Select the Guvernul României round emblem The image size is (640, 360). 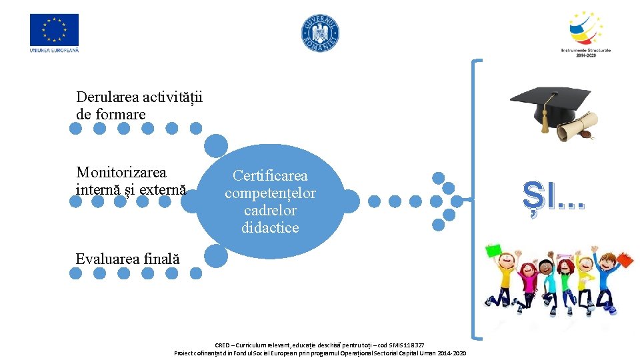[321, 33]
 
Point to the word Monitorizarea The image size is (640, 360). [121, 173]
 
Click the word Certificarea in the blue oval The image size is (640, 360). [270, 176]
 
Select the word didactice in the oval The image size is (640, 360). [270, 227]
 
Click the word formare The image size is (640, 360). [120, 115]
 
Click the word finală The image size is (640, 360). [161, 259]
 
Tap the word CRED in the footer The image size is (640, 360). [222, 345]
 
